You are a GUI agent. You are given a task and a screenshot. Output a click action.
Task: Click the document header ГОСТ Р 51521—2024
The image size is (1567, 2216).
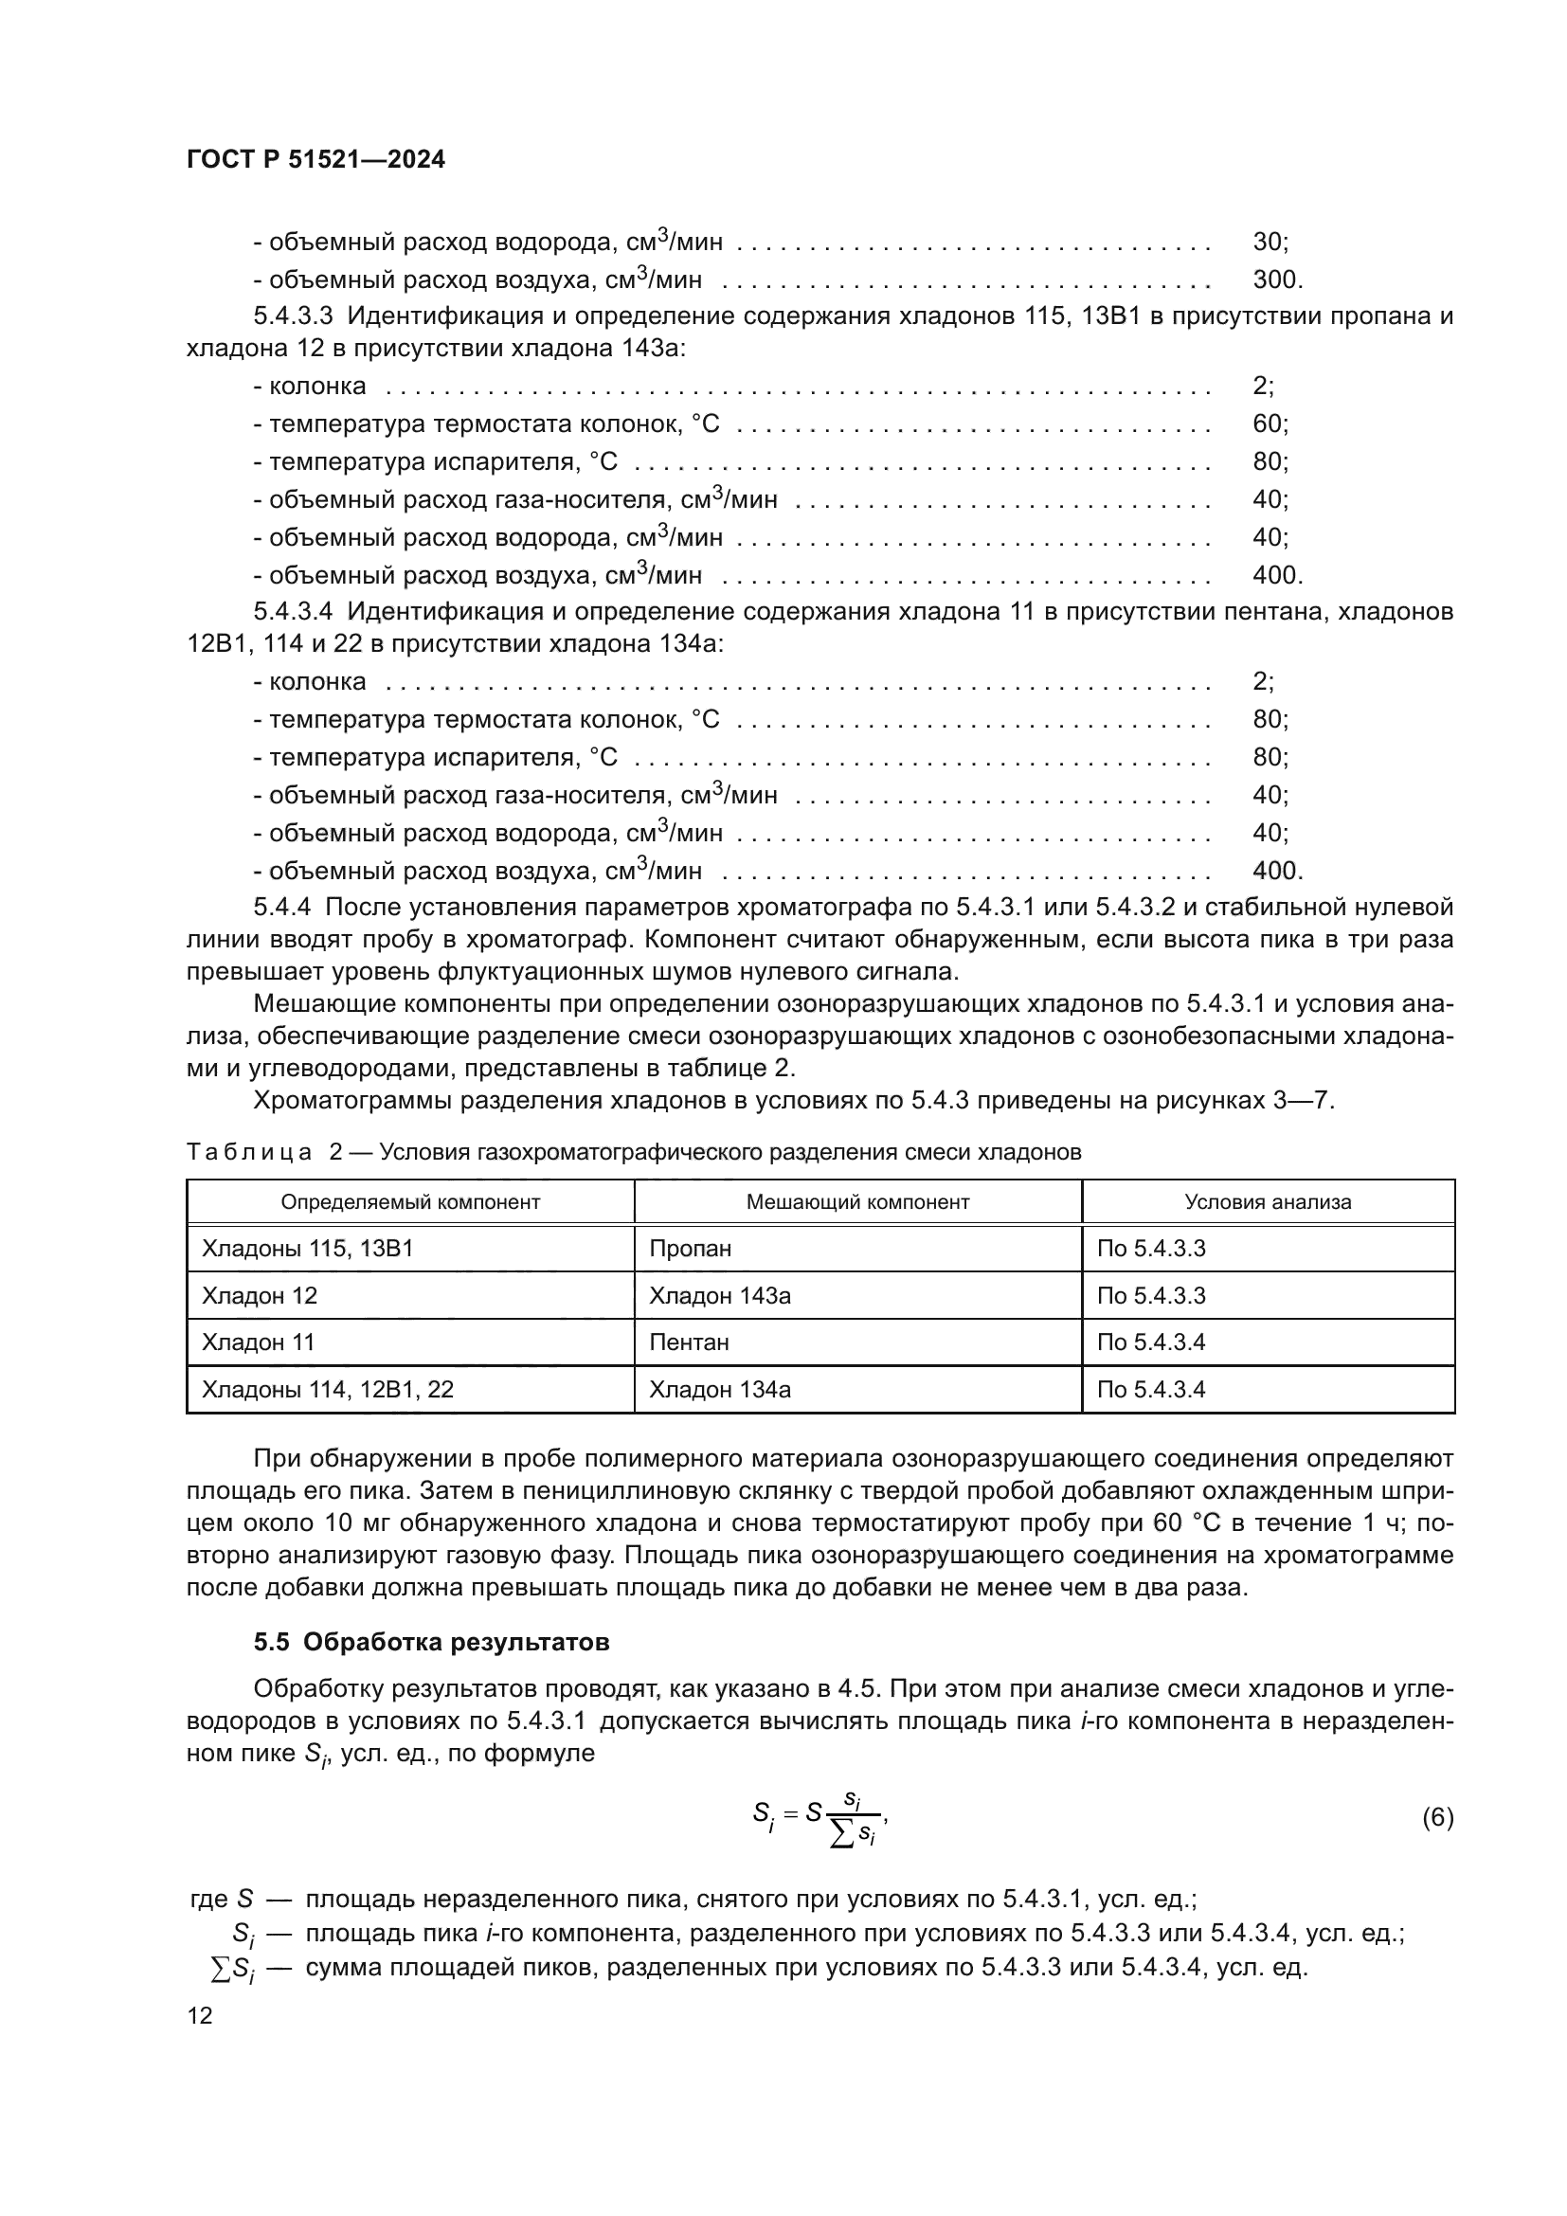coord(315,160)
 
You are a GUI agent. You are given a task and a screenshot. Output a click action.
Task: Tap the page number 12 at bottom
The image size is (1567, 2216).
coord(200,2016)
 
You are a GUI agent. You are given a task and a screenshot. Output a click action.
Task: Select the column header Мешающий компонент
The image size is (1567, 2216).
coord(857,1201)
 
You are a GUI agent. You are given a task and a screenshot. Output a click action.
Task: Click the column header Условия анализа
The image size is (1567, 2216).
coord(1268,1201)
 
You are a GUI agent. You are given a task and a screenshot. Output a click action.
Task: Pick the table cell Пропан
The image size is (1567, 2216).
coord(691,1249)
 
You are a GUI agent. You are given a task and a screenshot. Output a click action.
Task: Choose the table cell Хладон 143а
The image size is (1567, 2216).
coord(720,1295)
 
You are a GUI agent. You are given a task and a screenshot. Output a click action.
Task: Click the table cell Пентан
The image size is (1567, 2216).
coord(689,1342)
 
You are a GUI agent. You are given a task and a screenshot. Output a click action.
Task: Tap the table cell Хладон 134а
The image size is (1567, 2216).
coord(720,1390)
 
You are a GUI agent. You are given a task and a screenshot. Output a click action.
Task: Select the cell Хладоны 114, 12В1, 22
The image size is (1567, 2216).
coord(327,1390)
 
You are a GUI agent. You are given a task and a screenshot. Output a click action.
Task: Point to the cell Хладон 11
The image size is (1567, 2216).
coord(258,1342)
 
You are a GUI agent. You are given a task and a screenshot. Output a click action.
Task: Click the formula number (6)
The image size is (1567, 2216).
coord(1437,1818)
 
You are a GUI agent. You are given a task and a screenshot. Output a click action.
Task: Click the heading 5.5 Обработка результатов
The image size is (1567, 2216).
coord(431,1642)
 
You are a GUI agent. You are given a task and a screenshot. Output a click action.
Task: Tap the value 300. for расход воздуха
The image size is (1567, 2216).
coord(1277,279)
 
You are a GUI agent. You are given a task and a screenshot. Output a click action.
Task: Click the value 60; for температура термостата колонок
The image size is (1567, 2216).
coord(1270,423)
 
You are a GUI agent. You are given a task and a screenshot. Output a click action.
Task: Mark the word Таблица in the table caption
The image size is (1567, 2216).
coord(249,1152)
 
